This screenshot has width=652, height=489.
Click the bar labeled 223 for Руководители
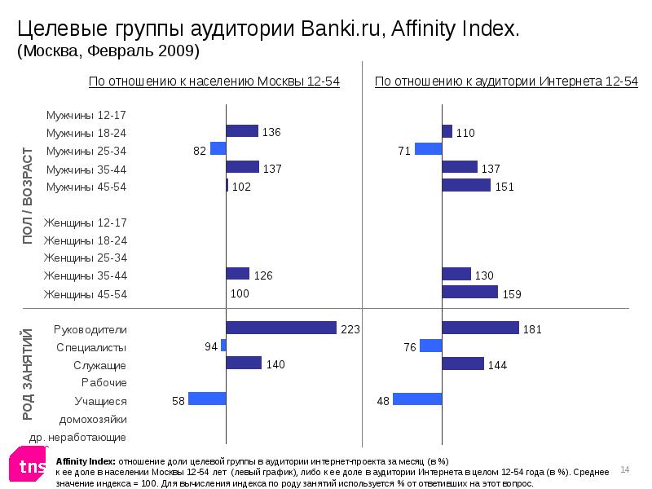tap(281, 328)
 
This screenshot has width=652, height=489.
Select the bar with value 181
tap(480, 328)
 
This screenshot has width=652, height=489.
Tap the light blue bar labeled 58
tap(207, 399)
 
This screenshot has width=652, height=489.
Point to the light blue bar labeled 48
tap(417, 399)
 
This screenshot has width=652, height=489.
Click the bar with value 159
tap(469, 292)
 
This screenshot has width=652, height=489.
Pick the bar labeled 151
tap(466, 185)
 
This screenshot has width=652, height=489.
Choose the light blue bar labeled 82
tap(218, 148)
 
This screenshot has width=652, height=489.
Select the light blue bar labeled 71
tap(428, 148)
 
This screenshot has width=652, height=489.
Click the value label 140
tap(275, 364)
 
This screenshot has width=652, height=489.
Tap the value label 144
tap(498, 366)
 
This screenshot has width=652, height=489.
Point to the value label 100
tap(240, 293)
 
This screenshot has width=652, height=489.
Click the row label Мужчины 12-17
tap(86, 115)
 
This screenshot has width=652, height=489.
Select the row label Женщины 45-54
tap(86, 294)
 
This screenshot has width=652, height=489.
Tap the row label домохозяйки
tap(94, 419)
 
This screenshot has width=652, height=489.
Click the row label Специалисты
tap(91, 347)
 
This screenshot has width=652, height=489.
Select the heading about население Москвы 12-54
tap(214, 81)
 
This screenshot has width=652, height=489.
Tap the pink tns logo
tap(28, 465)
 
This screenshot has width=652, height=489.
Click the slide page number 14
tap(626, 469)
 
